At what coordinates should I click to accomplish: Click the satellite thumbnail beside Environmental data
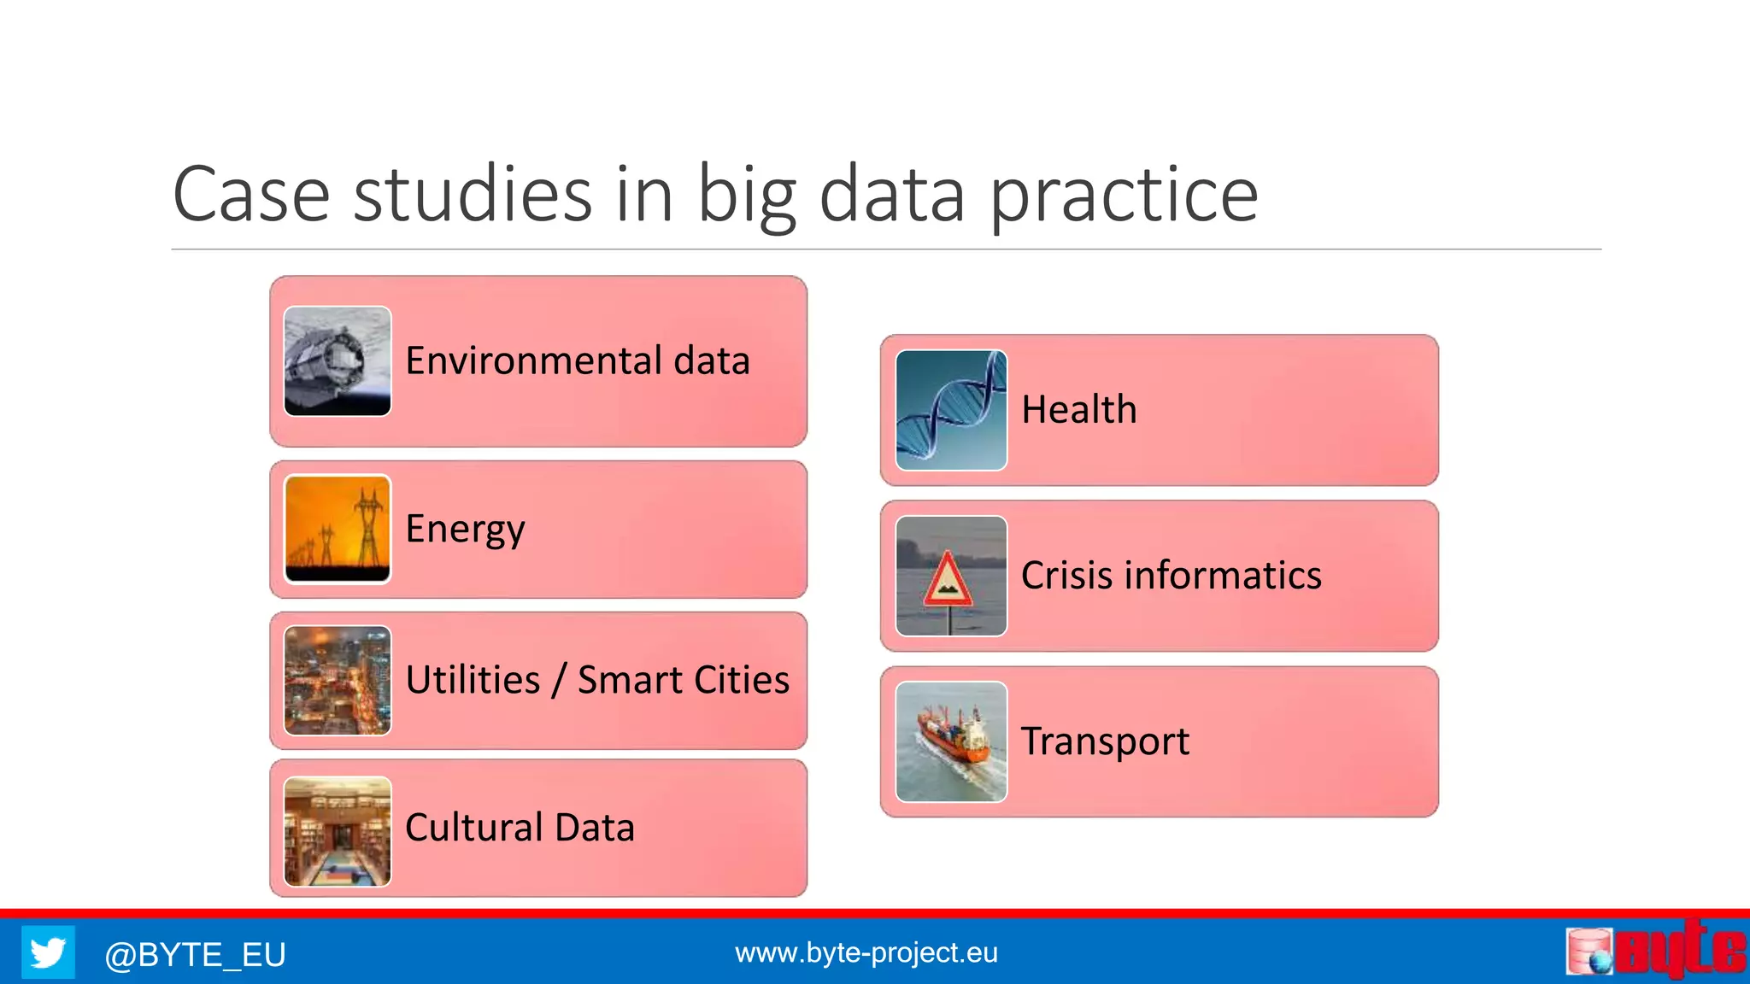338,361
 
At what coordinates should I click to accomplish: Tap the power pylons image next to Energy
338,530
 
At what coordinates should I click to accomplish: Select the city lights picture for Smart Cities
338,681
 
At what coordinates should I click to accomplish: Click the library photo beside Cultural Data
338,831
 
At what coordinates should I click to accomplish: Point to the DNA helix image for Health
951,410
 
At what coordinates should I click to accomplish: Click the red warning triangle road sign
948,581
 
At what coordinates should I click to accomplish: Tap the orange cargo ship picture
951,741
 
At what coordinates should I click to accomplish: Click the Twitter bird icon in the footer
48,952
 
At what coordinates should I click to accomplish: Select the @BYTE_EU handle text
195,954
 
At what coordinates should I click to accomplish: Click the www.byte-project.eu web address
866,952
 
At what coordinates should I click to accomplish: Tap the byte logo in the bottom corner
1655,950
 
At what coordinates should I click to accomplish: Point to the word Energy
465,530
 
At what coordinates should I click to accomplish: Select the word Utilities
473,680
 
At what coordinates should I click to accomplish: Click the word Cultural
474,828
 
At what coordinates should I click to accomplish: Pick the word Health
1079,410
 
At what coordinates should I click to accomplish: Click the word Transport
1105,741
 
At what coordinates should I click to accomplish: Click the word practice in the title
1124,196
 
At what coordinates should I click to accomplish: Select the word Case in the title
251,195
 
